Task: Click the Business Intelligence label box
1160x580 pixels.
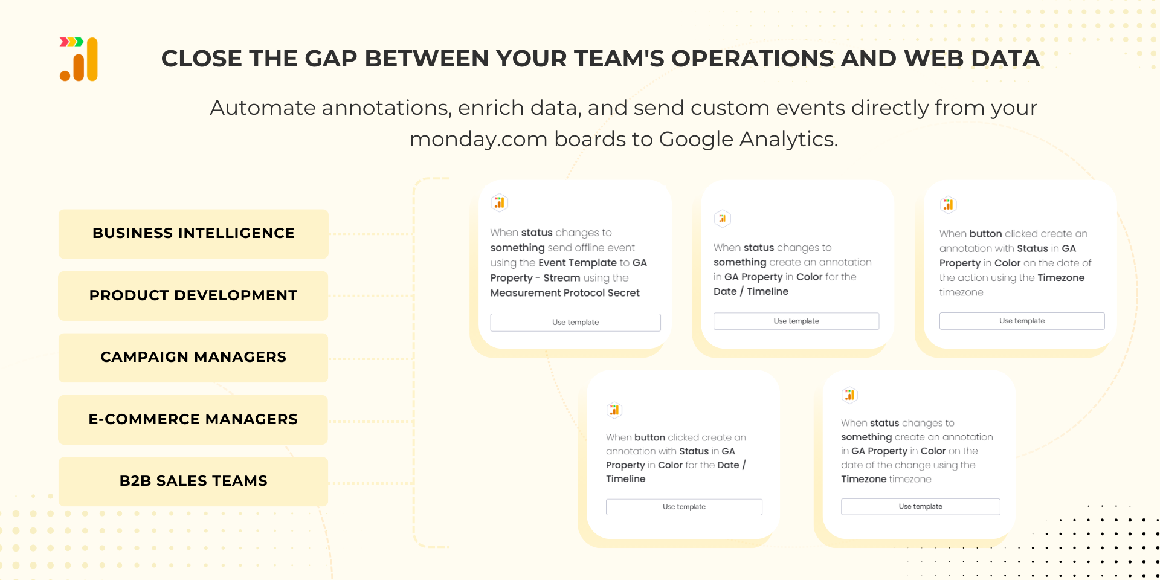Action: tap(193, 234)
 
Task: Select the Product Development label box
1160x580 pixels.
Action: tap(193, 296)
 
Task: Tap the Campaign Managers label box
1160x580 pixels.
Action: tap(193, 358)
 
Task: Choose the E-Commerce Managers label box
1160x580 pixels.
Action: tap(193, 420)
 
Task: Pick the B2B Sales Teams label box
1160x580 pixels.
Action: tap(193, 482)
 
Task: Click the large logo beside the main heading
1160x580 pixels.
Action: tap(79, 59)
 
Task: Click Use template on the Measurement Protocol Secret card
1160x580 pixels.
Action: tap(575, 323)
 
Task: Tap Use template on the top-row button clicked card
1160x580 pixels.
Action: tap(1022, 321)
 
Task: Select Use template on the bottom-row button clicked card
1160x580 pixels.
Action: tap(684, 507)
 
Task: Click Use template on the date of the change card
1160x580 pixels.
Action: tap(920, 506)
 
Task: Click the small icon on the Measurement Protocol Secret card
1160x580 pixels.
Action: tap(500, 202)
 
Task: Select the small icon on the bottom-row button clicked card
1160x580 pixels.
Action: tap(614, 410)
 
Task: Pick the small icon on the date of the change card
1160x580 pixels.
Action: tap(849, 395)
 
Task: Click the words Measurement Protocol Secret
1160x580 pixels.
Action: tap(565, 293)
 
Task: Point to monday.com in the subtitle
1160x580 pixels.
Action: tap(478, 140)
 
